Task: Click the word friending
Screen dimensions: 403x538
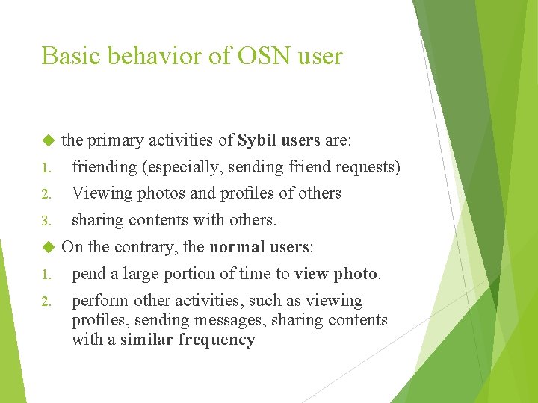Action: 105,166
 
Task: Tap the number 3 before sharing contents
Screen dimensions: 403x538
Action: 45,221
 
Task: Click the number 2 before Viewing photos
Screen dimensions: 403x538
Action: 45,194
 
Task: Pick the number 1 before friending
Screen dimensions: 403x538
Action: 45,167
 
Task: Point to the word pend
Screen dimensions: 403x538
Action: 89,274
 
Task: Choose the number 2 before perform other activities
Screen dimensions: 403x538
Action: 45,302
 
